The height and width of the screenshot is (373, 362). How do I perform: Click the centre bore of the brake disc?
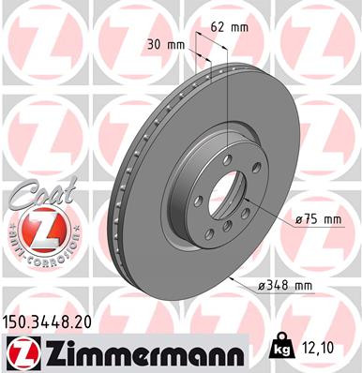point(223,191)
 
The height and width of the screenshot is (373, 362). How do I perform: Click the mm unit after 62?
point(239,27)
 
